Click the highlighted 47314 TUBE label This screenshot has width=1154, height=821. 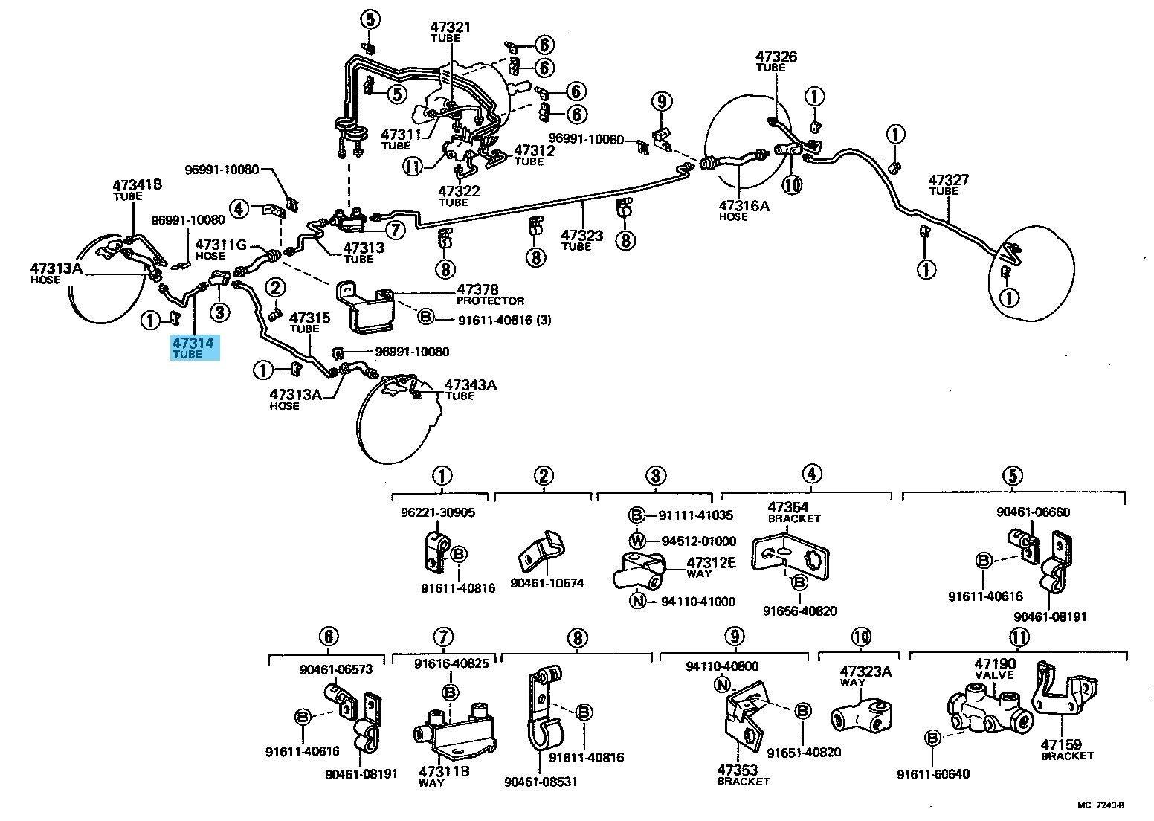pyautogui.click(x=195, y=347)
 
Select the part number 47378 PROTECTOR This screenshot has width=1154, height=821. pyautogui.click(x=490, y=294)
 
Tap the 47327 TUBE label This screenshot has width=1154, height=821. pyautogui.click(x=949, y=185)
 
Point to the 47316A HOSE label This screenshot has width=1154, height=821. pyautogui.click(x=744, y=210)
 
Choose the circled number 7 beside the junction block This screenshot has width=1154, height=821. pyautogui.click(x=395, y=230)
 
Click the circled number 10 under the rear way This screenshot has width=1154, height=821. pyautogui.click(x=792, y=184)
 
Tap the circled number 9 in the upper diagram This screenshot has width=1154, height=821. pyautogui.click(x=662, y=102)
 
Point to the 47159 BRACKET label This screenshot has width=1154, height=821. pyautogui.click(x=1066, y=750)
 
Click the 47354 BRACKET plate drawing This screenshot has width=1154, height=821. pyautogui.click(x=790, y=558)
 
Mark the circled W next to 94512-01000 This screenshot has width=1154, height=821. pyautogui.click(x=637, y=541)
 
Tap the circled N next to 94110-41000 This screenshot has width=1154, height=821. pyautogui.click(x=638, y=601)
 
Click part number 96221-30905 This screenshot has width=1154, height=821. pyautogui.click(x=438, y=512)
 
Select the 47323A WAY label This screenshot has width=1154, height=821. pyautogui.click(x=865, y=677)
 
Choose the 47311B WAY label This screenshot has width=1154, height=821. pyautogui.click(x=444, y=776)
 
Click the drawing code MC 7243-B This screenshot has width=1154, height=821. pyautogui.click(x=1101, y=805)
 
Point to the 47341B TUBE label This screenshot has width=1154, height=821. pyautogui.click(x=138, y=190)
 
